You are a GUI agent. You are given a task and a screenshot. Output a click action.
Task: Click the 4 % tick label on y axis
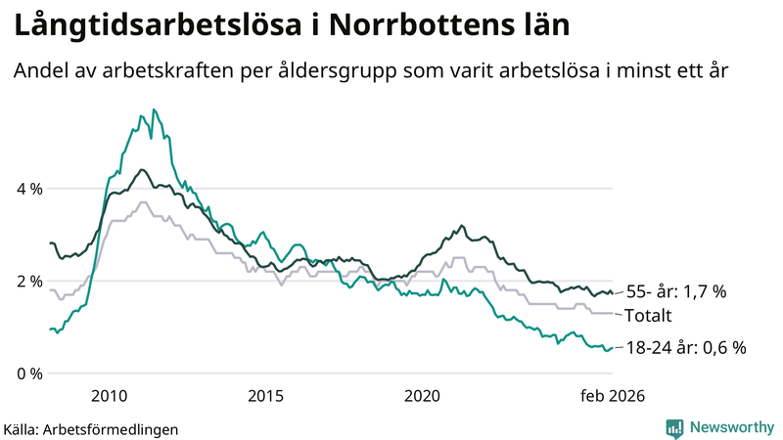pos(29,189)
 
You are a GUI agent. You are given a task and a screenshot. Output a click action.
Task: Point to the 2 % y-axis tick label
pos(29,282)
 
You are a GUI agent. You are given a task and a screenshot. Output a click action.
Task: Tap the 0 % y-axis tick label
pos(29,374)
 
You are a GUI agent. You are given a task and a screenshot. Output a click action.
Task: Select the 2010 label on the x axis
pos(109,396)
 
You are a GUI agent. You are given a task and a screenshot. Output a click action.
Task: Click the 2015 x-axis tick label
pos(265,396)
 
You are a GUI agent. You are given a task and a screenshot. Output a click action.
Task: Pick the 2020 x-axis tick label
pos(422,396)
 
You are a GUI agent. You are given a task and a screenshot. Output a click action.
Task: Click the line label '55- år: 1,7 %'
pos(675,291)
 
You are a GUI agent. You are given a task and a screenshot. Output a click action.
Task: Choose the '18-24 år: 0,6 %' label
pos(685,347)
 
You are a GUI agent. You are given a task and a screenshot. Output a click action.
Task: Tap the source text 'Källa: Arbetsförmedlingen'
pos(92,428)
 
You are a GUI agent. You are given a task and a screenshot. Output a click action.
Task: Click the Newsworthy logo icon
pos(674,427)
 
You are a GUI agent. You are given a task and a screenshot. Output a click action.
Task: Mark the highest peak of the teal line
pos(155,110)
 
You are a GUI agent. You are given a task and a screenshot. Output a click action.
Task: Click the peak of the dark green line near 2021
pos(462,226)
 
